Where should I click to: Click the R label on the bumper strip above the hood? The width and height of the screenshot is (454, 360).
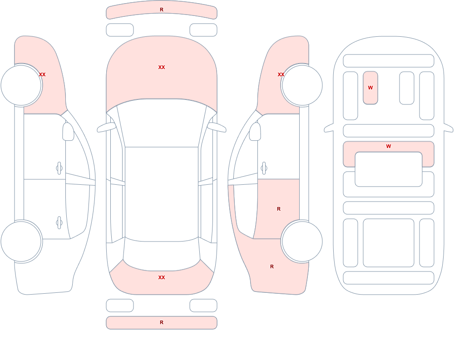tap(162, 10)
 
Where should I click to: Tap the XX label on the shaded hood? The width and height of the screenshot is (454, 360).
tap(162, 67)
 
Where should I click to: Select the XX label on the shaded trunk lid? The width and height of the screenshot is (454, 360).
tap(162, 277)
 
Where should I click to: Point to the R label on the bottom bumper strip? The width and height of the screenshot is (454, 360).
tap(162, 322)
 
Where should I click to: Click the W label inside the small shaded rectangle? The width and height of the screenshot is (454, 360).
tap(370, 88)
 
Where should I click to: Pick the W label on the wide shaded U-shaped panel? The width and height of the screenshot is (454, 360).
tap(389, 146)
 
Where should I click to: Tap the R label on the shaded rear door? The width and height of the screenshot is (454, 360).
tap(279, 209)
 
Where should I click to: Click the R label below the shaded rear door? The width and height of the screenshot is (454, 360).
tap(271, 266)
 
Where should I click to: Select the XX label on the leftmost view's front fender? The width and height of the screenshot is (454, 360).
tap(42, 74)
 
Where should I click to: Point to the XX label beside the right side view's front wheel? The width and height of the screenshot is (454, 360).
tap(281, 74)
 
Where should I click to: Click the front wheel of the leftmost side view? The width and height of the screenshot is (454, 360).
tap(21, 85)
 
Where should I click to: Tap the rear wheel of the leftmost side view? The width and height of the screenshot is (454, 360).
tap(21, 241)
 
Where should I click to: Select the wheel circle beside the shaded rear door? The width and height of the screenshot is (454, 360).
tap(302, 241)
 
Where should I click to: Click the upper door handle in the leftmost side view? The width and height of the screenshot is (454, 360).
tap(59, 168)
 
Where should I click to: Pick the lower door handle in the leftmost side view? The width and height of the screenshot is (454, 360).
tap(59, 223)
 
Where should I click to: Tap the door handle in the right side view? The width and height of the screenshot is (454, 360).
tap(264, 168)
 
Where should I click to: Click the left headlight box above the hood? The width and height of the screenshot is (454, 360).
tap(120, 30)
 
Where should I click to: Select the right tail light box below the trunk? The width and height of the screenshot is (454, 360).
tap(203, 306)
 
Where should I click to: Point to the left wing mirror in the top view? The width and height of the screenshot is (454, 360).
tap(106, 127)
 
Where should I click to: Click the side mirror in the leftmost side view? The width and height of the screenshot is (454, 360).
tap(69, 132)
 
